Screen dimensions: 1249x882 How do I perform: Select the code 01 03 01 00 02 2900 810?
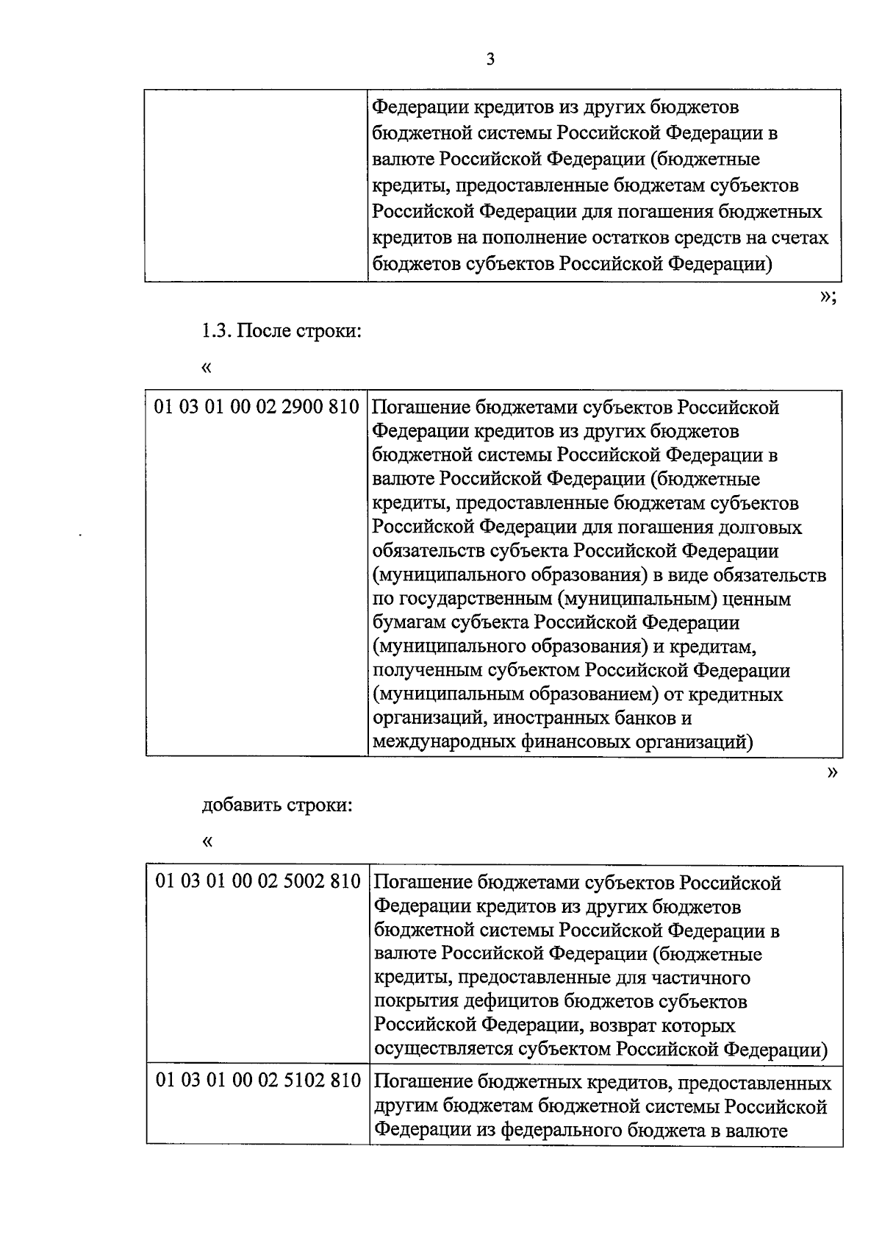(256, 407)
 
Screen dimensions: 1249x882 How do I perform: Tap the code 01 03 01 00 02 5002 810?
(257, 881)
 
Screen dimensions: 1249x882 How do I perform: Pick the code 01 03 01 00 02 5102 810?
(257, 1081)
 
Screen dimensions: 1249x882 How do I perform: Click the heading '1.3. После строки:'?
(282, 331)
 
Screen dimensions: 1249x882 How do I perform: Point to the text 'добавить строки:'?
(277, 805)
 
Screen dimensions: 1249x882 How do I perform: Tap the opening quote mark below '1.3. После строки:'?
(206, 366)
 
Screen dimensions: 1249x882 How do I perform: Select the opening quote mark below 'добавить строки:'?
(207, 840)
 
